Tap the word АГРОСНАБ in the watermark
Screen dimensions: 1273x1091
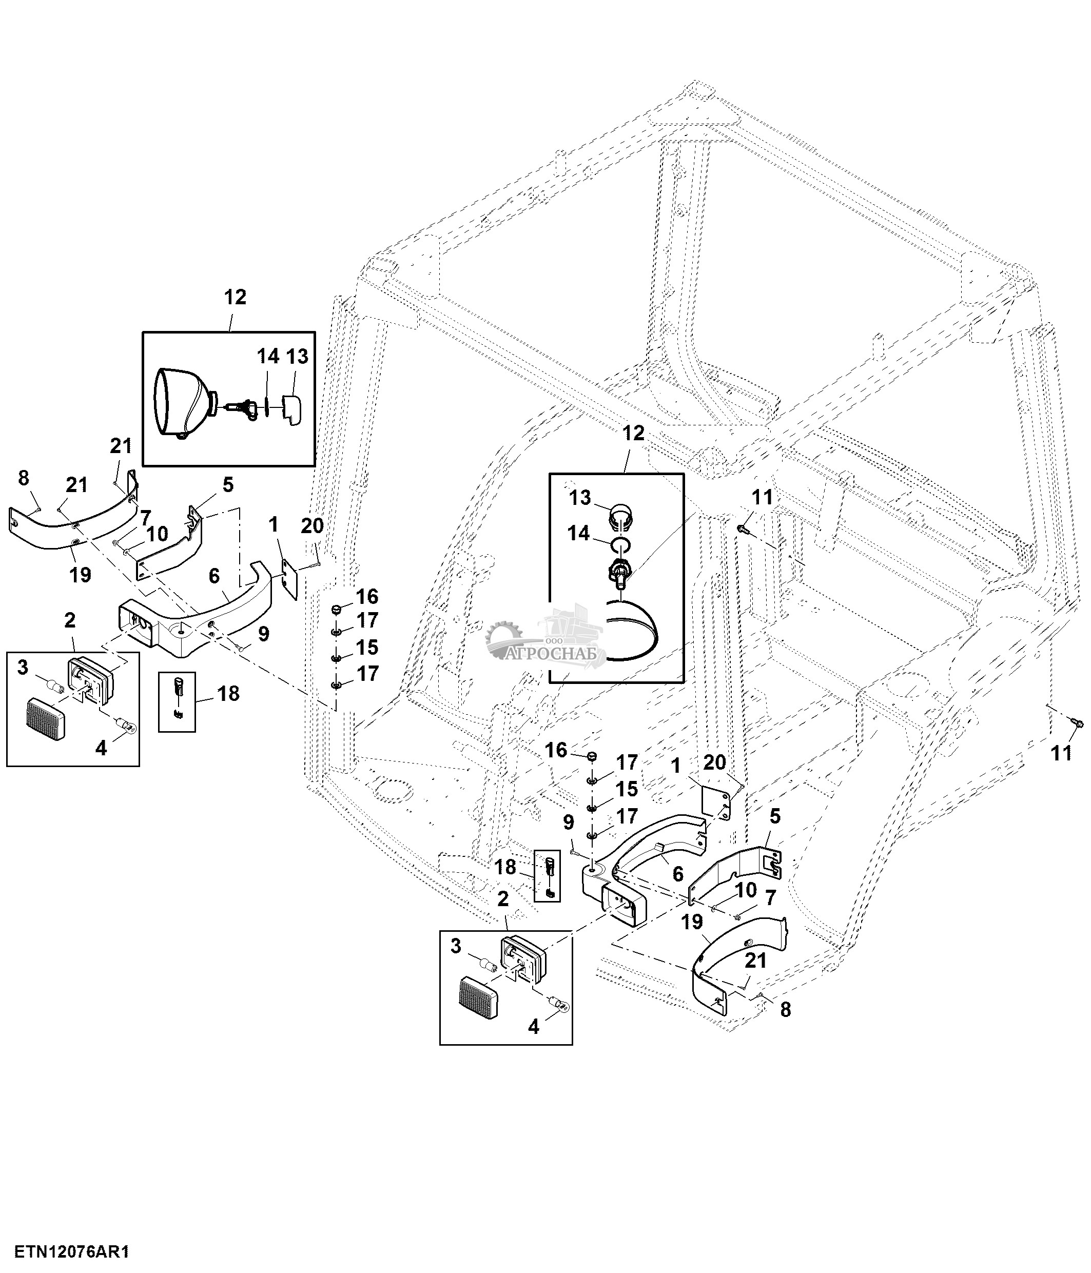(x=555, y=654)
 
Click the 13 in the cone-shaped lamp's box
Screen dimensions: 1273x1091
(x=297, y=356)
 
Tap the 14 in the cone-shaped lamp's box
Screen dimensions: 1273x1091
(x=268, y=356)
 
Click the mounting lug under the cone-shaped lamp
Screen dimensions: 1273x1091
(x=181, y=436)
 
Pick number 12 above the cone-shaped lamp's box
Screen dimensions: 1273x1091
(x=235, y=298)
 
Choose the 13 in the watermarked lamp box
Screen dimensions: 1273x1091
(x=580, y=498)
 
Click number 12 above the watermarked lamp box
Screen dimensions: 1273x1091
(x=633, y=433)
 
